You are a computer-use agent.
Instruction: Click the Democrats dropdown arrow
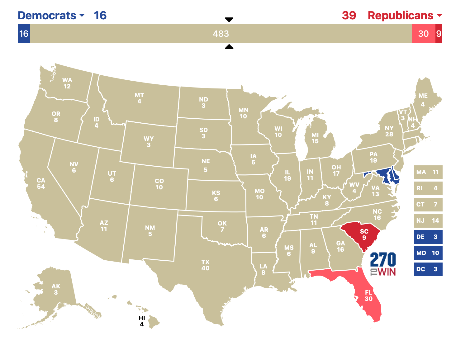(82, 15)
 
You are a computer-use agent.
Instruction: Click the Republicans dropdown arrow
(439, 15)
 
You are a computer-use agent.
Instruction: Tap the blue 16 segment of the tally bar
(24, 33)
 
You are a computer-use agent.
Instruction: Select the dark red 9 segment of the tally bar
(439, 33)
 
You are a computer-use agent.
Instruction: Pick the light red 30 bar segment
(423, 33)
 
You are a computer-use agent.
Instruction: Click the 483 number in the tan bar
(221, 34)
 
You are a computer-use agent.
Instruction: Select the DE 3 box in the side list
(428, 237)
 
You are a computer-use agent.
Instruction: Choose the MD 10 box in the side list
(428, 253)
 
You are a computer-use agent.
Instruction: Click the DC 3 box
(428, 269)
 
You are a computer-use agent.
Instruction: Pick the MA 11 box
(428, 172)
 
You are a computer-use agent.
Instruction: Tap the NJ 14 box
(428, 220)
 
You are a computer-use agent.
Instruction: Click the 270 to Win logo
(383, 264)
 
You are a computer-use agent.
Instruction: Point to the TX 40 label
(205, 265)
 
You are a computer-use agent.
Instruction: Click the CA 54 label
(41, 183)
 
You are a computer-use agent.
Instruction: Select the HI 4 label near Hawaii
(142, 321)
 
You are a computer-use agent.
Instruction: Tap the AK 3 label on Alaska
(56, 289)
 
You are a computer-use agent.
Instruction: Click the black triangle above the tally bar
(229, 20)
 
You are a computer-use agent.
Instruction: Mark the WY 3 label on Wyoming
(149, 142)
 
